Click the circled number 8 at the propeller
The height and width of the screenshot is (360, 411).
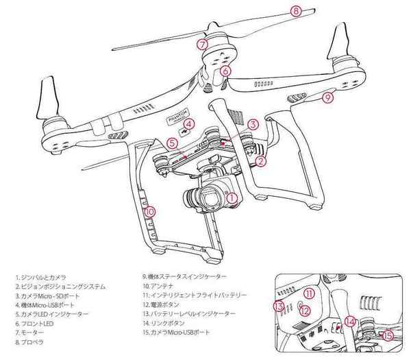click(x=296, y=11)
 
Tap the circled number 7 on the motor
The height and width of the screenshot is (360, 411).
click(x=201, y=43)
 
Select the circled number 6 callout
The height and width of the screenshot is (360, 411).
click(x=225, y=70)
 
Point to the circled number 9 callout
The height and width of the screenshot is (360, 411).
click(x=327, y=97)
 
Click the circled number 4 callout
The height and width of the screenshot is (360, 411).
click(x=189, y=125)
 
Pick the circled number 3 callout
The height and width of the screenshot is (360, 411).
click(x=253, y=125)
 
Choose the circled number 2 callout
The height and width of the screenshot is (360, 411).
click(x=260, y=162)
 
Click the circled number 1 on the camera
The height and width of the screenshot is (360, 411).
click(x=231, y=198)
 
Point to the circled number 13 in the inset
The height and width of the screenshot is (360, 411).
click(x=278, y=307)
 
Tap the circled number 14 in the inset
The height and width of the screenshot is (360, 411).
click(x=350, y=320)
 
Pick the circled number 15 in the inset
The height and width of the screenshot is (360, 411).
click(x=389, y=336)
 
